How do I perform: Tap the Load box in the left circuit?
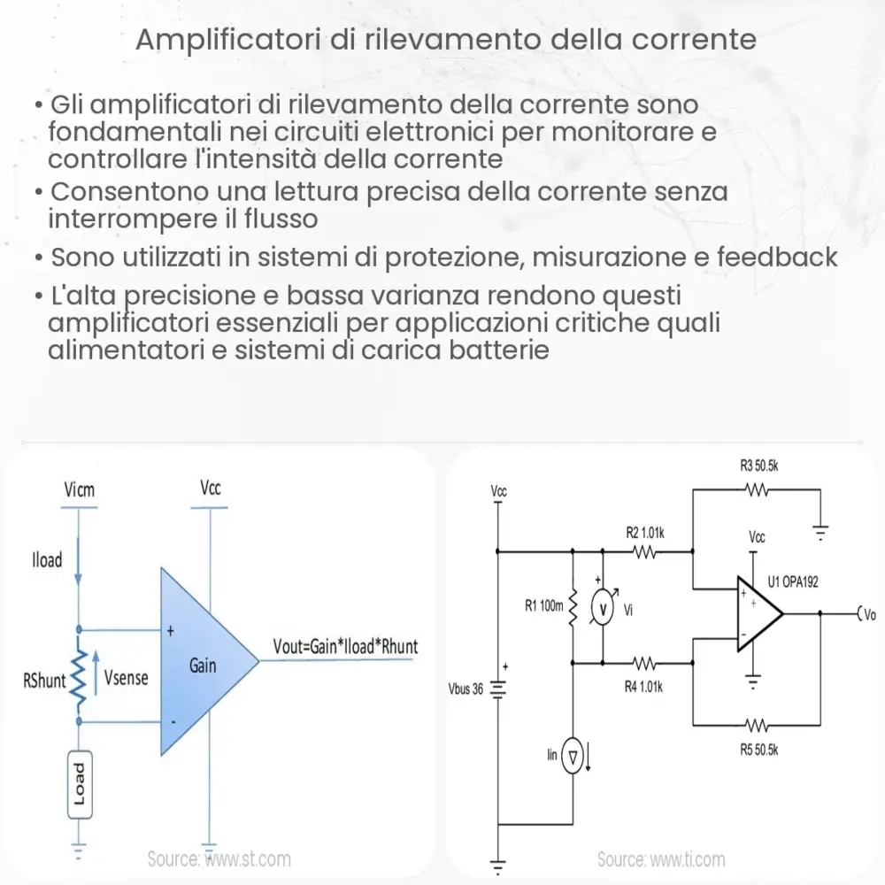[80, 784]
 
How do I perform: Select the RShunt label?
[44, 681]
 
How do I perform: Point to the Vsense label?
[127, 679]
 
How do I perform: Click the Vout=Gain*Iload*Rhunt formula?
[339, 647]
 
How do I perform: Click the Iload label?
[47, 559]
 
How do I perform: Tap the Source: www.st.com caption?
[219, 858]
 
